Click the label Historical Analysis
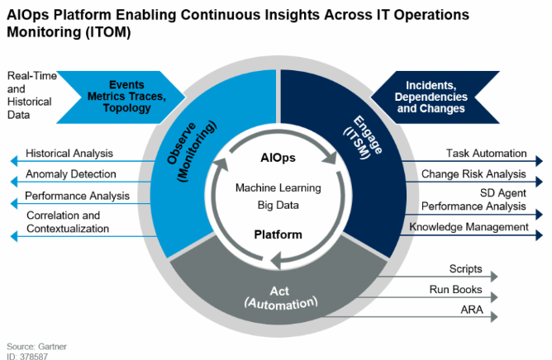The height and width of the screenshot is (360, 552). (69, 154)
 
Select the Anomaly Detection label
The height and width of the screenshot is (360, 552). (70, 174)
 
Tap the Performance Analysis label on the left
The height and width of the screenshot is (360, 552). (77, 196)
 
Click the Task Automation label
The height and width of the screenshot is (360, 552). (487, 153)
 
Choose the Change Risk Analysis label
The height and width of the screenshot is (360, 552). (473, 174)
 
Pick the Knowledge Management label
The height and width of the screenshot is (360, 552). (469, 227)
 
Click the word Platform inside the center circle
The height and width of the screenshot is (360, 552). (278, 234)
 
